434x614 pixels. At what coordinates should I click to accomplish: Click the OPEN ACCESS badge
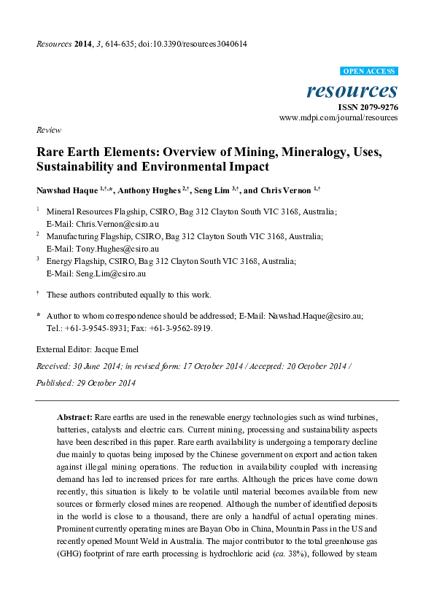click(x=369, y=71)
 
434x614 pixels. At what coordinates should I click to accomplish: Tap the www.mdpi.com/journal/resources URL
click(x=338, y=117)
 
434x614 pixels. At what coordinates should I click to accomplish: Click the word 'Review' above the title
click(x=47, y=130)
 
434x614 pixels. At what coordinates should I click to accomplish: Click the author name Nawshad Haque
click(x=68, y=190)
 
